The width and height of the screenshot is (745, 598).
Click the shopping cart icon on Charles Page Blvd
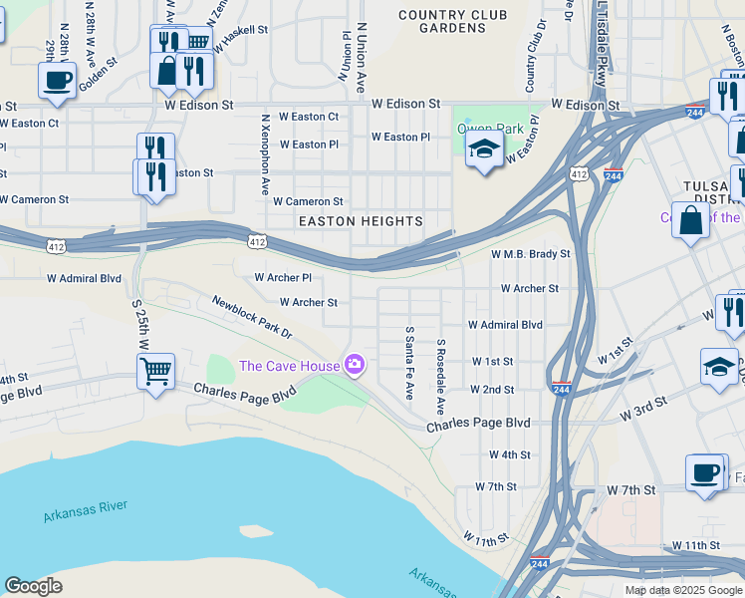click(155, 372)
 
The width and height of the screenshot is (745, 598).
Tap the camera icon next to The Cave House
click(354, 366)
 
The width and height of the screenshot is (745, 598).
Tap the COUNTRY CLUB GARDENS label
click(452, 21)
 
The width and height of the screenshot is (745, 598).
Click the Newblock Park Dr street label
click(251, 316)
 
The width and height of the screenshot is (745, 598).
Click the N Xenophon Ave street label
click(266, 153)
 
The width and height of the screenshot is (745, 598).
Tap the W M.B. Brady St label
click(530, 254)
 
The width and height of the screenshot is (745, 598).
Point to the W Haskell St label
click(237, 31)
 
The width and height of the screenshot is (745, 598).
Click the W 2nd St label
click(492, 390)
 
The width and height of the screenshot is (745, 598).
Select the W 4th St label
click(509, 454)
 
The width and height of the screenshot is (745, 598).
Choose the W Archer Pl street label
click(283, 277)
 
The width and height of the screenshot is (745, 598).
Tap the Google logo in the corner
click(33, 586)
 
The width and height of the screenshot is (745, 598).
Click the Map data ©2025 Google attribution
click(682, 590)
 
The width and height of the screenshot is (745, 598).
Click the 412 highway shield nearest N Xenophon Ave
click(257, 241)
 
